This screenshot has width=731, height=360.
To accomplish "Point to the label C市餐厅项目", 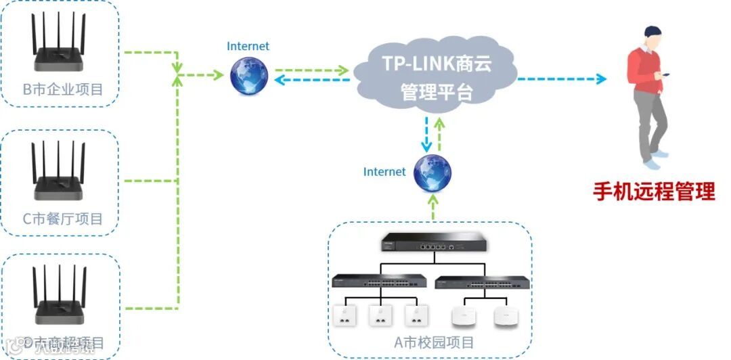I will pos(63,219).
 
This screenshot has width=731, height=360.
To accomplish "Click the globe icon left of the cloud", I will pos(248,76).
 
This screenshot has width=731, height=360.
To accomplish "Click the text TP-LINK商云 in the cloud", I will pos(437,64).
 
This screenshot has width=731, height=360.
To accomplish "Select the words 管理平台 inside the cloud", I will pos(437,91).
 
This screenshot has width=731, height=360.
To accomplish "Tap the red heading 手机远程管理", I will pos(654,192).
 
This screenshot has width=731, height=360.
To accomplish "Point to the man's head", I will pos(652,38).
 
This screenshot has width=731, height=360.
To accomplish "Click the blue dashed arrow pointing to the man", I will pos(562,79).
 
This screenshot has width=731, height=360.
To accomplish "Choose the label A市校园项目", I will pos(434,342).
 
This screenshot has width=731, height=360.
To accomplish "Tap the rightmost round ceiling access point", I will pos(504,316).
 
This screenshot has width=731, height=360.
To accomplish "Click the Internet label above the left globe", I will pos(248,47).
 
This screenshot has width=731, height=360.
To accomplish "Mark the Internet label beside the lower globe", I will pos(384,172).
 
